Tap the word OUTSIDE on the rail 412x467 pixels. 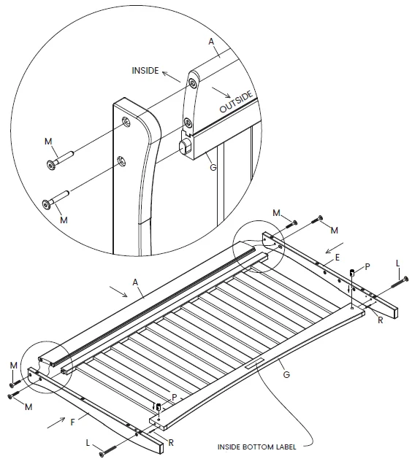pyautogui.click(x=236, y=101)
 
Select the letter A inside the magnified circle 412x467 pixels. pyautogui.click(x=211, y=42)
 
